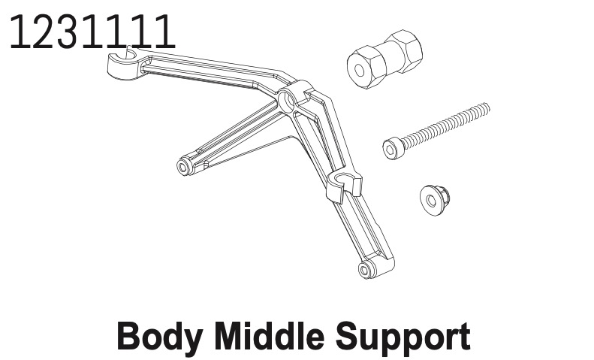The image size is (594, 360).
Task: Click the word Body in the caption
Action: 159,337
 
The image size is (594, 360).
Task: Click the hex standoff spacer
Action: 384,59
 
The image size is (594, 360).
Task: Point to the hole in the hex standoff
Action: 359,71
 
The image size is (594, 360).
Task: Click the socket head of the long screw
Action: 391,150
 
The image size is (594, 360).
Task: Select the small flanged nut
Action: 435,200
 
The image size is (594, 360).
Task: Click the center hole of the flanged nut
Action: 431,201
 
